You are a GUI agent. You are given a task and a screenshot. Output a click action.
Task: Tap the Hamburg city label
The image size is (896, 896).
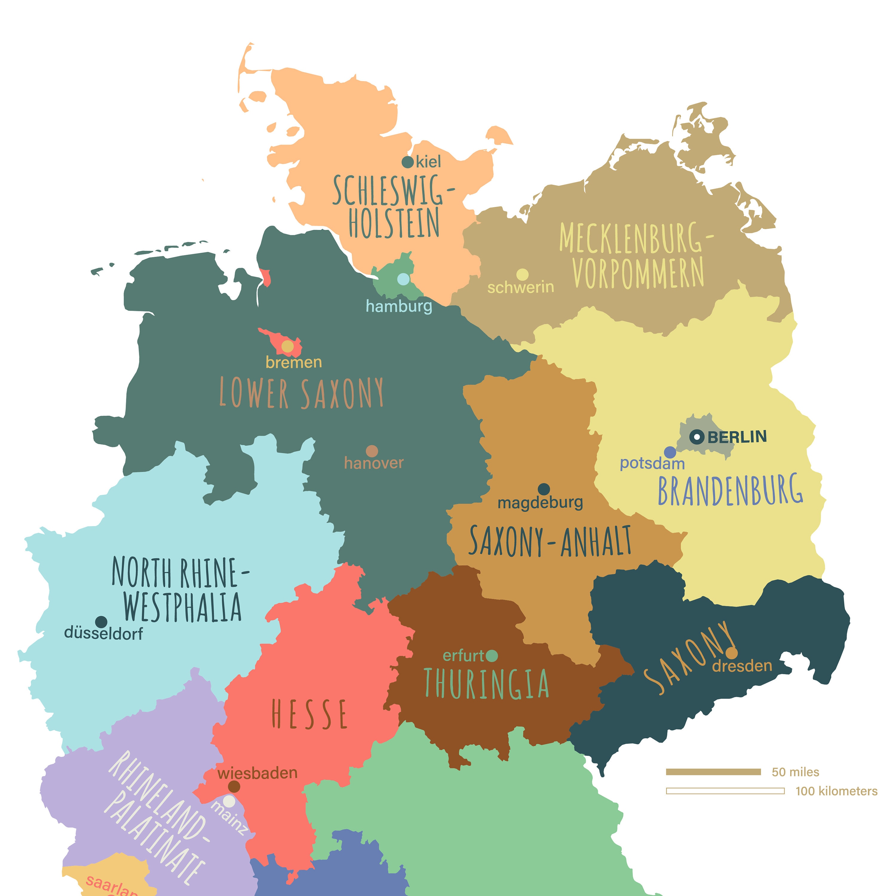tap(399, 306)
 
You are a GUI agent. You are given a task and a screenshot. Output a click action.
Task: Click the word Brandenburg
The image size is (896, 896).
tap(731, 490)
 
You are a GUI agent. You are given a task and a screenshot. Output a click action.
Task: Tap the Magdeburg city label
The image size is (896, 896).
tap(540, 503)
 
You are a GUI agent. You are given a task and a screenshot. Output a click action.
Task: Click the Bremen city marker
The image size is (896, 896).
tap(288, 346)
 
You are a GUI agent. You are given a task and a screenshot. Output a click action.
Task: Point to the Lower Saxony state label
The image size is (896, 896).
tap(301, 393)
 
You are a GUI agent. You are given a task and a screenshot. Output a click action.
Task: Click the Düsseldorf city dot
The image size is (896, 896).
tap(101, 622)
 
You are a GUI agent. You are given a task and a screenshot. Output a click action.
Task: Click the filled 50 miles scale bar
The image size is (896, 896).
tap(713, 772)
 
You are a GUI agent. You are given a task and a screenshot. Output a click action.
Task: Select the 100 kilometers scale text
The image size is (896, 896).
tap(836, 791)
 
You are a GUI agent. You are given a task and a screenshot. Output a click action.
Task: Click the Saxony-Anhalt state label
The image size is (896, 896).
tap(550, 541)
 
